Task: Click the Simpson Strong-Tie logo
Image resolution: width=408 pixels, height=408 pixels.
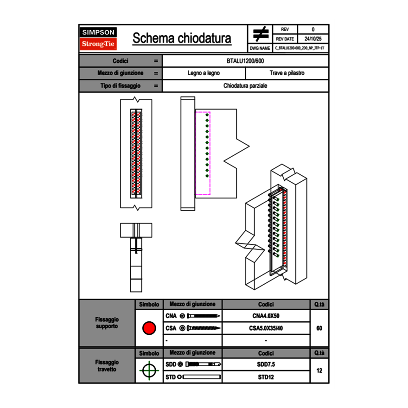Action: click(98, 38)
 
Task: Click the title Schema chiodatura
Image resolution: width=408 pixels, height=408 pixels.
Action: click(182, 38)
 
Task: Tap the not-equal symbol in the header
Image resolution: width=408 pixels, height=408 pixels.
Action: click(261, 34)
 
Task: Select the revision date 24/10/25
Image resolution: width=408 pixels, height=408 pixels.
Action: click(313, 39)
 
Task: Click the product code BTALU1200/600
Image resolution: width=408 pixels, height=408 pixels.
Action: click(245, 61)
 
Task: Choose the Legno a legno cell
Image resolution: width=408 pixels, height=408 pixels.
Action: click(204, 73)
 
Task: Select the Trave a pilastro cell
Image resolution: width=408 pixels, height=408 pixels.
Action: click(287, 73)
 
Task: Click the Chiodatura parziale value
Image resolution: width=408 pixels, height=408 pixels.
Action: click(245, 86)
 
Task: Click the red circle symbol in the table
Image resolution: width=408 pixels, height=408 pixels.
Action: click(149, 328)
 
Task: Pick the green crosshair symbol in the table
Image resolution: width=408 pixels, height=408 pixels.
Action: click(149, 371)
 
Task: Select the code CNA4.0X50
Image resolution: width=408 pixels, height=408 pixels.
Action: click(266, 316)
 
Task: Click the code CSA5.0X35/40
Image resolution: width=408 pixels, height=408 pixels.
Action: click(266, 328)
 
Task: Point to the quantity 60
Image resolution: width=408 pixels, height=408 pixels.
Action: click(319, 328)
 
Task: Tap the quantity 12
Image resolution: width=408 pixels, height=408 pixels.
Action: click(319, 371)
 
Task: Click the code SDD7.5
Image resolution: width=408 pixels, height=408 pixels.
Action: click(266, 364)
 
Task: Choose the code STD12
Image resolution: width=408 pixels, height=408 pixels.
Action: click(266, 377)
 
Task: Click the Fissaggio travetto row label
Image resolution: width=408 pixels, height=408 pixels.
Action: click(107, 365)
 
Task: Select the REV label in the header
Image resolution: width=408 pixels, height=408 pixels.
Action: click(285, 29)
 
